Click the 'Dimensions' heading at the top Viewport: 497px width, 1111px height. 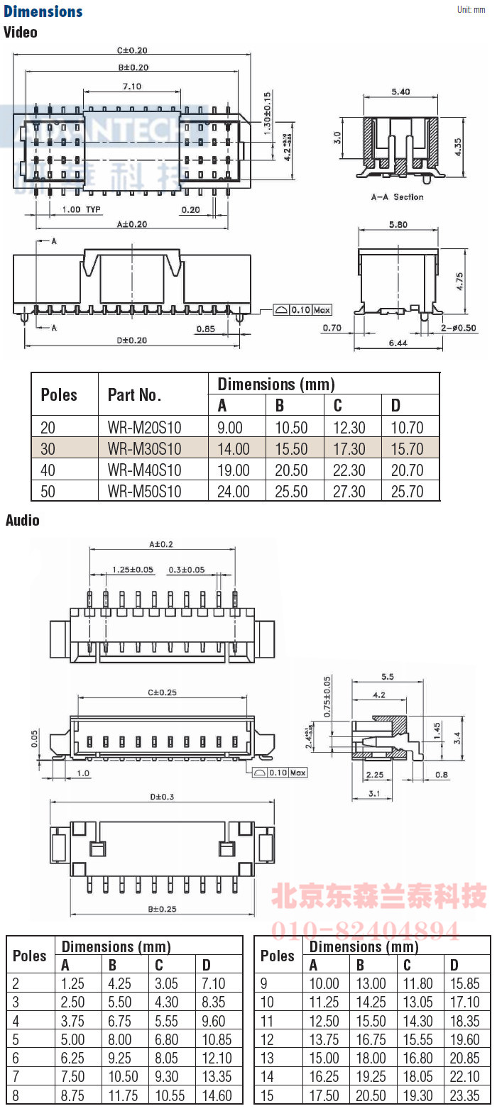(43, 11)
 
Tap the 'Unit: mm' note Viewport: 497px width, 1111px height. (471, 9)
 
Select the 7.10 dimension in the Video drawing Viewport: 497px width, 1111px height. (131, 86)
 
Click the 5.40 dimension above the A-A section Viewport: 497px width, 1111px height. (400, 92)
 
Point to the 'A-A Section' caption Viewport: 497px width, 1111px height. (397, 197)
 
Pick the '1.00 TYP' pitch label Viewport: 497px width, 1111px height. (82, 209)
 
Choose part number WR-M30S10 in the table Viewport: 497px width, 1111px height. (144, 448)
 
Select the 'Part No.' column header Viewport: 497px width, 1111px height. (134, 394)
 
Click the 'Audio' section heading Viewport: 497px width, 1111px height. (23, 520)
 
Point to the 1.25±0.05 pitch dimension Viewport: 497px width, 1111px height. (133, 570)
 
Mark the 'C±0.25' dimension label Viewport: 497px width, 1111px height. (162, 692)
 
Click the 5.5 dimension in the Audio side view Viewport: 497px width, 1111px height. (388, 676)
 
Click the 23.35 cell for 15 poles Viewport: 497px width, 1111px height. (465, 1095)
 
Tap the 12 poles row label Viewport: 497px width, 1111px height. (267, 1039)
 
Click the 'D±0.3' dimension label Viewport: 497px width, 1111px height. (162, 796)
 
